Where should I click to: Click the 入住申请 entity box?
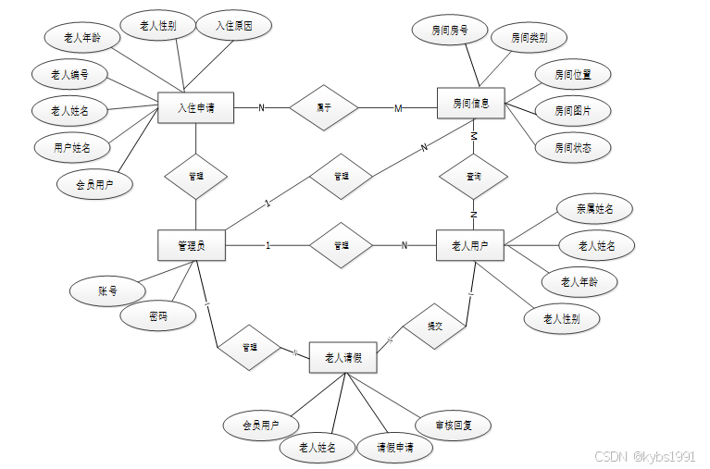pos(195,107)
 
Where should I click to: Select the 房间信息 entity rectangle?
pos(471,103)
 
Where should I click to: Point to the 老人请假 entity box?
pos(343,356)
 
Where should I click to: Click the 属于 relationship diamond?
pos(324,107)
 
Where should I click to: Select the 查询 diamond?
pos(473,175)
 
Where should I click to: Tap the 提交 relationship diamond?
pos(434,327)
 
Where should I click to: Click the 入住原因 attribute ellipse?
pos(234,25)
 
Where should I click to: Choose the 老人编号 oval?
pos(70,73)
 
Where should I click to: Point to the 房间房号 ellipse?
pos(450,31)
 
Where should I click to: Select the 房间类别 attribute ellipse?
pos(529,38)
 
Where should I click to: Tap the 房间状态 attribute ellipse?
pos(573,146)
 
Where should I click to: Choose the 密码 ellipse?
pos(158,315)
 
